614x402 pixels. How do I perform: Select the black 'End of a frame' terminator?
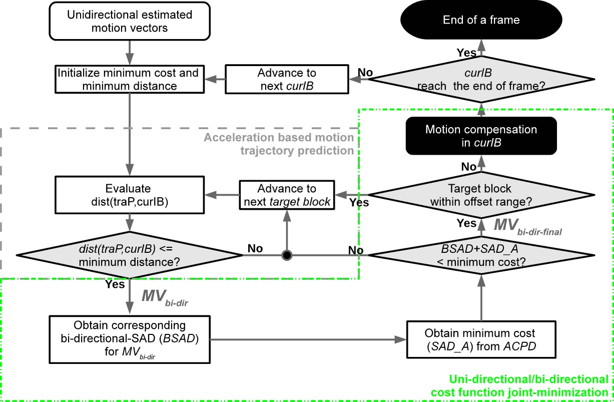[x=481, y=20]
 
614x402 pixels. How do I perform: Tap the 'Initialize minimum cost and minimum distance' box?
[x=129, y=79]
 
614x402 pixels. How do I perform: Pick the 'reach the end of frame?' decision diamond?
[x=481, y=79]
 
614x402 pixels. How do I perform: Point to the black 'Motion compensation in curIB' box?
[x=481, y=136]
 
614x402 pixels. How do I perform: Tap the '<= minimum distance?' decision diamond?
[x=129, y=256]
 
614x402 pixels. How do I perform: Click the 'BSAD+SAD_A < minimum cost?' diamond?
[x=481, y=256]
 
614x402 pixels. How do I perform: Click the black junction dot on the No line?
[x=286, y=256]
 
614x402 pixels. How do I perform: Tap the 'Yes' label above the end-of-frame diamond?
[x=466, y=52]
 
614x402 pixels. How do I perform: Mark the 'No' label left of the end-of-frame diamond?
[x=365, y=73]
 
